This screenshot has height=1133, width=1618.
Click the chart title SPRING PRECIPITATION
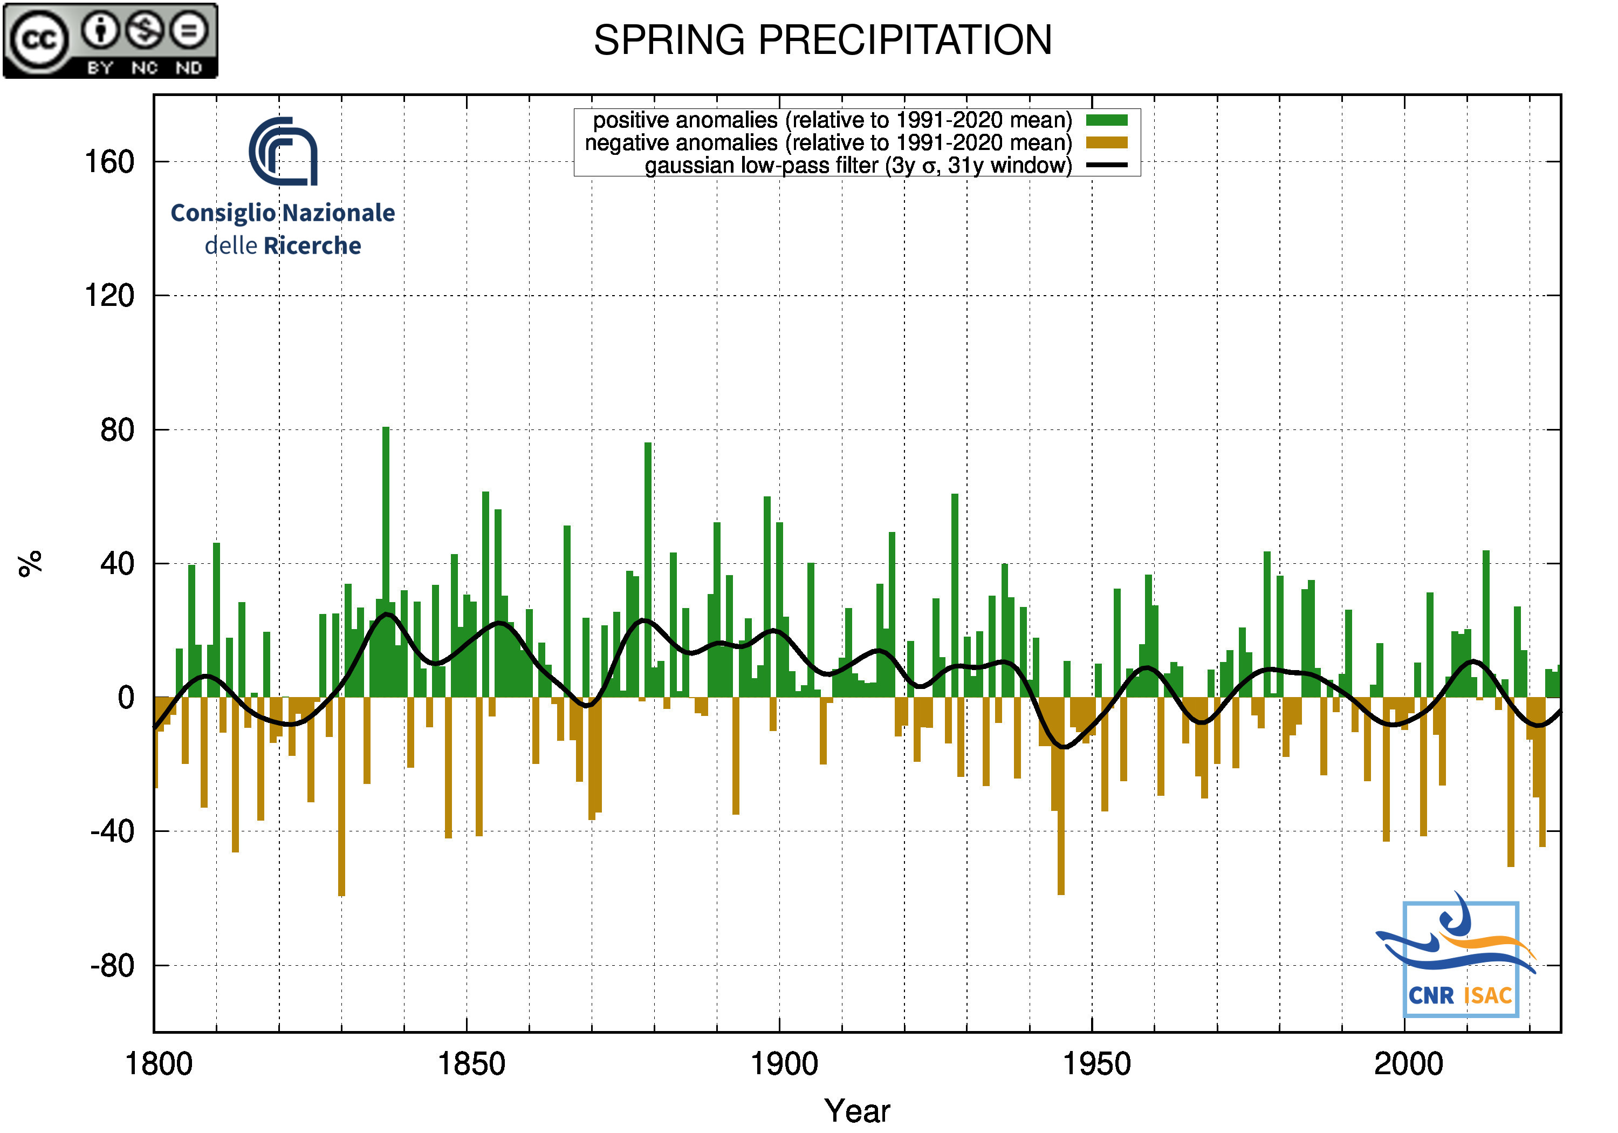coord(822,40)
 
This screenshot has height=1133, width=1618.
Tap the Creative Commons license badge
coord(111,40)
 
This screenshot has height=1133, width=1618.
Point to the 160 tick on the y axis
coord(109,162)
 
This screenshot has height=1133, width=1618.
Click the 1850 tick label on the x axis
coord(471,1064)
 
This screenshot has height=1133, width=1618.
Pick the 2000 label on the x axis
coord(1408,1064)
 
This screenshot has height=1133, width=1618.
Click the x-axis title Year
coord(857,1111)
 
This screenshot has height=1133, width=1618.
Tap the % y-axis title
coord(30,564)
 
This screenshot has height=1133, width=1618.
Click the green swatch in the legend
coord(1106,120)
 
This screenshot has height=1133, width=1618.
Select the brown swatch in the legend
coord(1106,143)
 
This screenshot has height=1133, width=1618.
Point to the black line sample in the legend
coord(1106,166)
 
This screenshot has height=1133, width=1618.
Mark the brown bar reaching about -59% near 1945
coord(1060,797)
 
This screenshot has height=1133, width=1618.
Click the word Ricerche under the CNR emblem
coord(312,246)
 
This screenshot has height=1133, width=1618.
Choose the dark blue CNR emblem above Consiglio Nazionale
coord(283,152)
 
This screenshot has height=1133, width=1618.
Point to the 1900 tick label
coord(784,1064)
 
